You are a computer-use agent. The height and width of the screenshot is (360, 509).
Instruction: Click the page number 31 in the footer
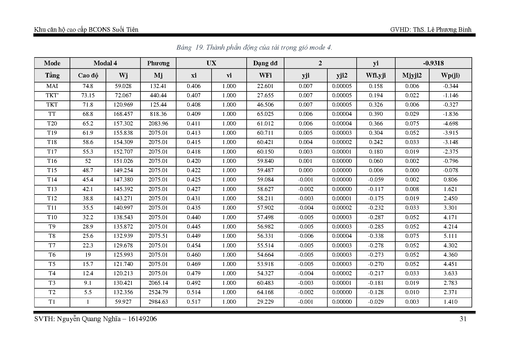coord(463,319)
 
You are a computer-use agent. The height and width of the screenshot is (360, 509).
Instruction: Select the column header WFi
coord(265,75)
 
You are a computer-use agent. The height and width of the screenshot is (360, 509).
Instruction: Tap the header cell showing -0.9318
coord(433,63)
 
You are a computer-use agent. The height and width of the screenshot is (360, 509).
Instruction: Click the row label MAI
coord(52,86)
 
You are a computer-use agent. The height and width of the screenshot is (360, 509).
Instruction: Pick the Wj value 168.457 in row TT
coord(123,114)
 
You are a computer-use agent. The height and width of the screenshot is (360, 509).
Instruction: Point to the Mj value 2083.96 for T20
coord(158,123)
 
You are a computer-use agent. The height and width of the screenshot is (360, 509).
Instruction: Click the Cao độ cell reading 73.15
coord(88,95)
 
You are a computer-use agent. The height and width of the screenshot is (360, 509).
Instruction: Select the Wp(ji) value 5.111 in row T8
coord(450,236)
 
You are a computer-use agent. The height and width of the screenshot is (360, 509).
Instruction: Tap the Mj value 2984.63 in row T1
coord(158,302)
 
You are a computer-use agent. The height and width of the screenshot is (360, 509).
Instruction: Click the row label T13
coord(52,189)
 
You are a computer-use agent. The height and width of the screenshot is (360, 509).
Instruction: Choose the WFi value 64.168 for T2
coord(265,292)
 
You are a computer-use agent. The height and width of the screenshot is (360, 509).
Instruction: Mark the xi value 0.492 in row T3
coord(194,283)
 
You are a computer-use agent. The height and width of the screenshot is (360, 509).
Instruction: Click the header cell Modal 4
coord(105,63)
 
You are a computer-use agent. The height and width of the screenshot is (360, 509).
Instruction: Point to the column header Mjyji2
coord(412,75)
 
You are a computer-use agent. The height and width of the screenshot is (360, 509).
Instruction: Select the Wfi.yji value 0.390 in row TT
coord(376,114)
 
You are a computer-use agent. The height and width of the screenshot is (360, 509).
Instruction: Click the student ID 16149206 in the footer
coord(142,319)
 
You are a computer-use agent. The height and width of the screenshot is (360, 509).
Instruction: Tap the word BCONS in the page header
coord(100,30)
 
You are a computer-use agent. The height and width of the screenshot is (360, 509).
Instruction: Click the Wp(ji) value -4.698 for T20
coord(450,123)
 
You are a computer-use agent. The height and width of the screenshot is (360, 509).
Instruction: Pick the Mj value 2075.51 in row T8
coord(158,236)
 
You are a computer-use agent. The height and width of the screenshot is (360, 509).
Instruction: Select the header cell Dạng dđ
coord(265,63)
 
